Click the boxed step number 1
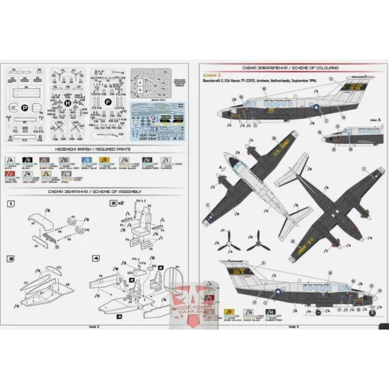coord(10,203)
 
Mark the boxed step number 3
coord(10,260)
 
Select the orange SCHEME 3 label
coord(211,74)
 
